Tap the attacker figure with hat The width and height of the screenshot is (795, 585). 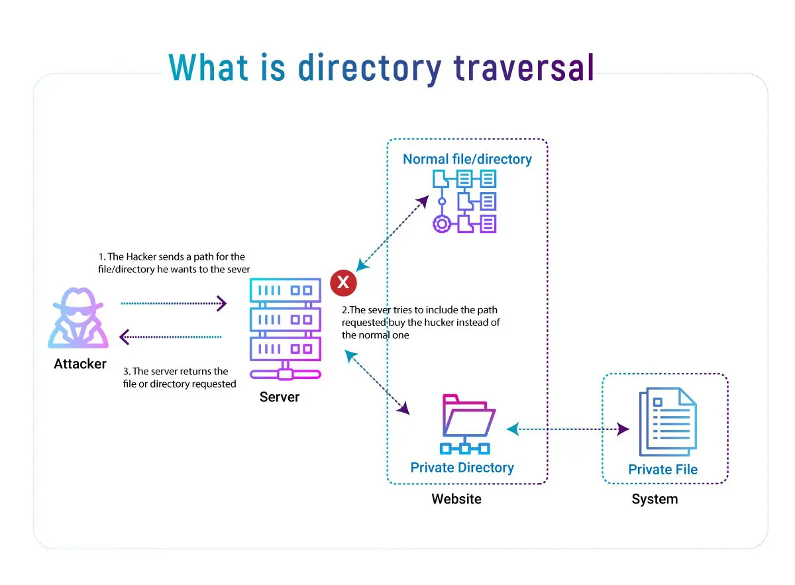pyautogui.click(x=79, y=319)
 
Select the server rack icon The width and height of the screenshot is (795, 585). pyautogui.click(x=285, y=329)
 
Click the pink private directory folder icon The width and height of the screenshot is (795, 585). pyautogui.click(x=468, y=424)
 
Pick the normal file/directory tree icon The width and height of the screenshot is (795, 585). pyautogui.click(x=464, y=201)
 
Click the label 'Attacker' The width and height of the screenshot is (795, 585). pyautogui.click(x=80, y=364)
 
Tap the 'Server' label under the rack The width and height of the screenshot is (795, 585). pyautogui.click(x=279, y=398)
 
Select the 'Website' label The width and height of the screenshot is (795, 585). pyautogui.click(x=456, y=499)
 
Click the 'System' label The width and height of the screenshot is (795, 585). pyautogui.click(x=655, y=499)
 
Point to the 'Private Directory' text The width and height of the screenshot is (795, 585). pyautogui.click(x=462, y=468)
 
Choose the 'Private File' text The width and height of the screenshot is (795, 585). pyautogui.click(x=662, y=470)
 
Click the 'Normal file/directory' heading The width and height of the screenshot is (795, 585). pyautogui.click(x=467, y=159)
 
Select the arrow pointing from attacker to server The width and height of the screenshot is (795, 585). pyautogui.click(x=174, y=303)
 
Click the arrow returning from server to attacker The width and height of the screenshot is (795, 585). pyautogui.click(x=171, y=337)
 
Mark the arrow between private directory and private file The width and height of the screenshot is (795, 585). pyautogui.click(x=568, y=429)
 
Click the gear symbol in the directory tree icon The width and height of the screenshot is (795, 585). pyautogui.click(x=441, y=223)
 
